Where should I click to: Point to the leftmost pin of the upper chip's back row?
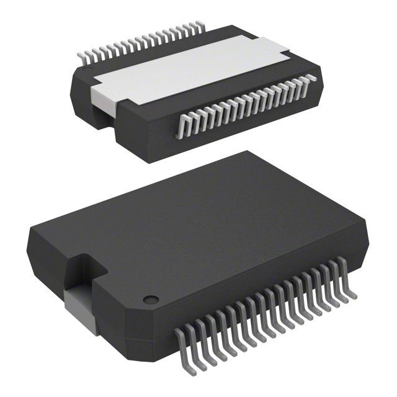pos(81,58)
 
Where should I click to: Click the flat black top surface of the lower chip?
pos(205,230)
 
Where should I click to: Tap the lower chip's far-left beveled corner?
pos(31,245)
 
